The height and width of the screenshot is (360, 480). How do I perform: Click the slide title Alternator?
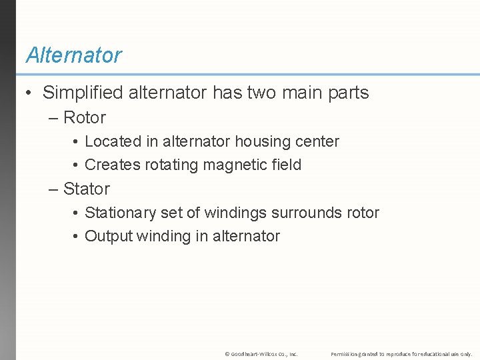73,55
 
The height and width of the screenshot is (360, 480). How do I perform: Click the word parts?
346,93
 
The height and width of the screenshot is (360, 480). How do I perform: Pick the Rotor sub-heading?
85,118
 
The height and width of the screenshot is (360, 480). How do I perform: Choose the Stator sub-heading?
87,189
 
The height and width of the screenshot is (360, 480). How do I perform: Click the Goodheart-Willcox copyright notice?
261,353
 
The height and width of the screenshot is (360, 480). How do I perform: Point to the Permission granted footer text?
401,353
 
